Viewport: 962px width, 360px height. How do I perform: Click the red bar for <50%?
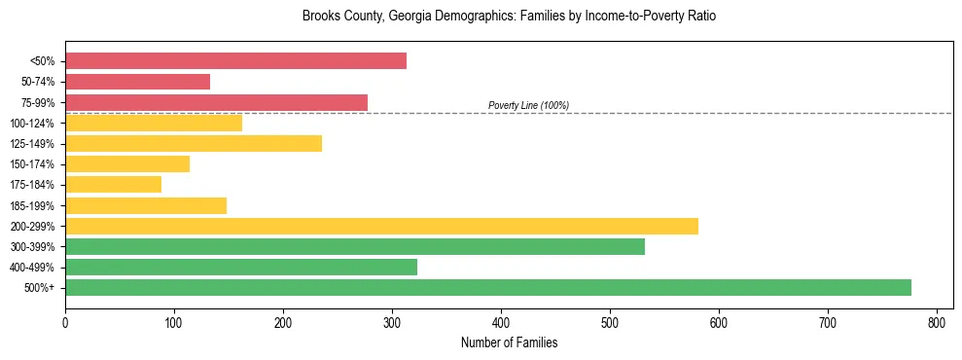click(x=235, y=61)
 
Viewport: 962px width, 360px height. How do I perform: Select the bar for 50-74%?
click(x=137, y=82)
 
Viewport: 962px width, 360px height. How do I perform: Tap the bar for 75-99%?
click(x=216, y=102)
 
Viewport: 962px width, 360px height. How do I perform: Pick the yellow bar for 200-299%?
click(x=381, y=226)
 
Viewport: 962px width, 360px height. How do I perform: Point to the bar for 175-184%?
click(x=113, y=184)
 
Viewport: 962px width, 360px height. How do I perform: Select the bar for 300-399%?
click(x=355, y=246)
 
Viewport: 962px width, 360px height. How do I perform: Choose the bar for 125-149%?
click(x=194, y=143)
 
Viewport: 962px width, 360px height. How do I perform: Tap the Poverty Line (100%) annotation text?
click(x=528, y=105)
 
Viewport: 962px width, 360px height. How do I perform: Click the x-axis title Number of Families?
click(x=509, y=342)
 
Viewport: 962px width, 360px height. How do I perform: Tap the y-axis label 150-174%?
click(x=32, y=164)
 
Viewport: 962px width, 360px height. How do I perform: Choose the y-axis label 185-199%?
click(x=32, y=205)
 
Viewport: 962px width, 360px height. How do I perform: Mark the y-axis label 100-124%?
click(x=32, y=123)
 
